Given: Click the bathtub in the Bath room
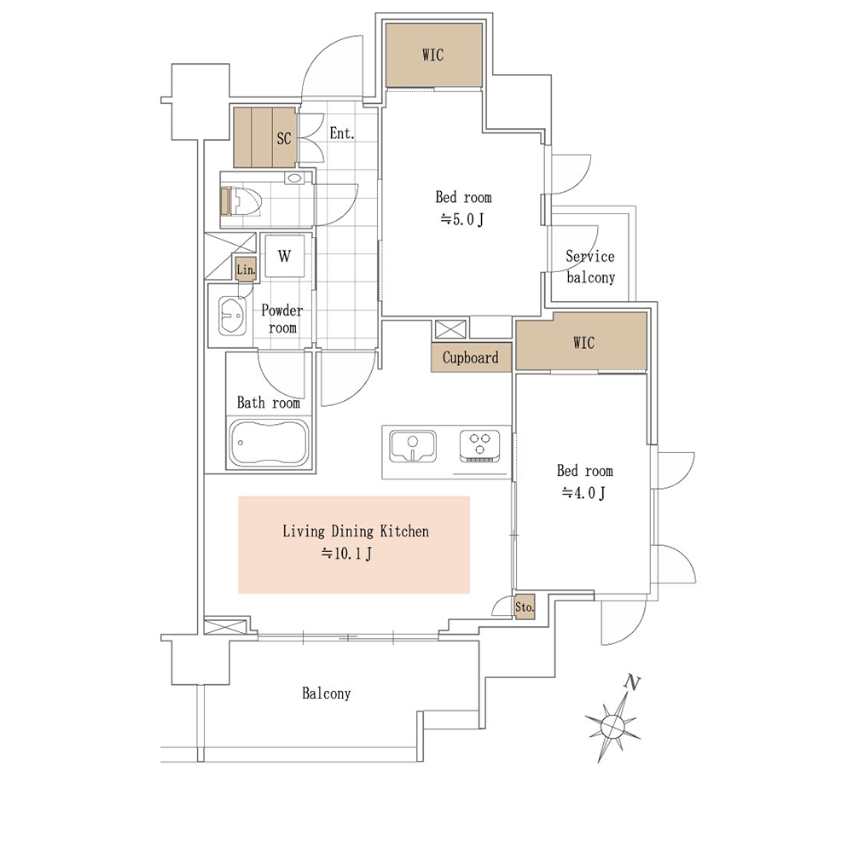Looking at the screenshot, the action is click(x=269, y=442).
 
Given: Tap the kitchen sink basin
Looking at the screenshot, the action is click(x=413, y=445).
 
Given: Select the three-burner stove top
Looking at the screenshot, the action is click(x=479, y=446).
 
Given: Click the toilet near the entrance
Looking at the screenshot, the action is click(x=241, y=201).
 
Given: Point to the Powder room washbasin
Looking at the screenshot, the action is click(x=232, y=315).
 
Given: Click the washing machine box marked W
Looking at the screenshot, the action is click(x=285, y=256).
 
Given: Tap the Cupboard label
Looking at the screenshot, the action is click(x=471, y=357).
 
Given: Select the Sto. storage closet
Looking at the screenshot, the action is click(x=525, y=607).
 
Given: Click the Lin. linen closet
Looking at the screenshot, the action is click(x=246, y=270).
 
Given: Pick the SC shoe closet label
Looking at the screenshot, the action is click(x=284, y=138).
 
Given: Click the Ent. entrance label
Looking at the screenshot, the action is click(x=342, y=133).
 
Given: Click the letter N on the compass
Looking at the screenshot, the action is click(x=632, y=682).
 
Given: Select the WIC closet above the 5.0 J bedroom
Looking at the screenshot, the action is click(x=433, y=55).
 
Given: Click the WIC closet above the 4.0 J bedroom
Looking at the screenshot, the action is click(x=581, y=343).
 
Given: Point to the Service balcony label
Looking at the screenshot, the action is click(x=591, y=266).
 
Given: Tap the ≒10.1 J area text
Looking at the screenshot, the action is click(x=346, y=554).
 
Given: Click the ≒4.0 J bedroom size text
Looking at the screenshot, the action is click(x=583, y=493).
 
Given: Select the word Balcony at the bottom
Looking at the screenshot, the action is click(x=327, y=693).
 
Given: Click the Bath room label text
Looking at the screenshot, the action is click(x=269, y=403).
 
